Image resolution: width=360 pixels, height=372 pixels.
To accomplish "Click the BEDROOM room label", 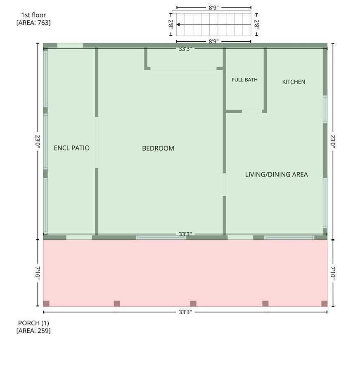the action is [x=158, y=148].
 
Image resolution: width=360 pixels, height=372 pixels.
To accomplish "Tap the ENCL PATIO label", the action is [x=71, y=148].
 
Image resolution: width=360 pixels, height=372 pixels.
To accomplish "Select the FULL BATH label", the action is [x=244, y=80].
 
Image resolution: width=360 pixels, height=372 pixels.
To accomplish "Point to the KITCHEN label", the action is [x=294, y=82].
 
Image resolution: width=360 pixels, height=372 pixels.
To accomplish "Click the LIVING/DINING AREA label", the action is [x=276, y=174].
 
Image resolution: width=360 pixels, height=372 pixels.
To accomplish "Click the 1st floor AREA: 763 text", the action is [x=33, y=19].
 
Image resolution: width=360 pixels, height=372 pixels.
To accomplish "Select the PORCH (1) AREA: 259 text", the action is [x=33, y=327].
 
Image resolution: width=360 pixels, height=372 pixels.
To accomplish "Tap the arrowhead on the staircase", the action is [x=178, y=24].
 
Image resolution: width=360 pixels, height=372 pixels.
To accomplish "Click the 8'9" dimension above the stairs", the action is [x=213, y=8].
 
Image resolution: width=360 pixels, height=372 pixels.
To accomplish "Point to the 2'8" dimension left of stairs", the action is [x=171, y=24].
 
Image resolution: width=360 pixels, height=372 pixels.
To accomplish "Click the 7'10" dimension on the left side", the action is [x=38, y=272].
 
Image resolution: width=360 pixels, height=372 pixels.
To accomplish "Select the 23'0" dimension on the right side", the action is [x=333, y=141].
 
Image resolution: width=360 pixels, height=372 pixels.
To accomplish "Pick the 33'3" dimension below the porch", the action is [x=185, y=312].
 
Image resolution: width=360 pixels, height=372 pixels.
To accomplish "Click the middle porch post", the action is [x=193, y=304].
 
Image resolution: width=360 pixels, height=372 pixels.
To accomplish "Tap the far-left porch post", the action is [x=46, y=304].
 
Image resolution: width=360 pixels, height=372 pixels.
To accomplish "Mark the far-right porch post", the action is [x=324, y=304].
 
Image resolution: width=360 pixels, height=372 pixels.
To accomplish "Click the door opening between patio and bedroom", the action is [x=97, y=143].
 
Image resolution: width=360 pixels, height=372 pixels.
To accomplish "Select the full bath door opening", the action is [x=252, y=111].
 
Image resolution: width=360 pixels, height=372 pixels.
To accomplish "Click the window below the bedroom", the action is [x=161, y=237].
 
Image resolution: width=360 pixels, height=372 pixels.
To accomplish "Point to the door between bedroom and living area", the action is [x=224, y=185].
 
